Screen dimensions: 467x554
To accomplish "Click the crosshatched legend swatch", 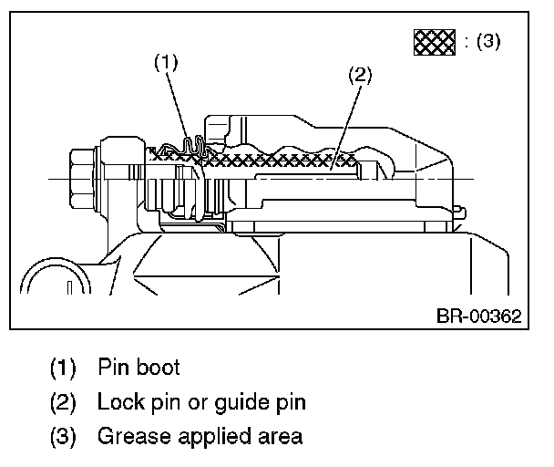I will coord(434,42).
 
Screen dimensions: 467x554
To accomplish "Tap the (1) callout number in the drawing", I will coord(165,62).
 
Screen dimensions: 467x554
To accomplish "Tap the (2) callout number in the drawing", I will coord(361,76).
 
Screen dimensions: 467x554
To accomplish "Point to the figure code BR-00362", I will coord(477,317).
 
